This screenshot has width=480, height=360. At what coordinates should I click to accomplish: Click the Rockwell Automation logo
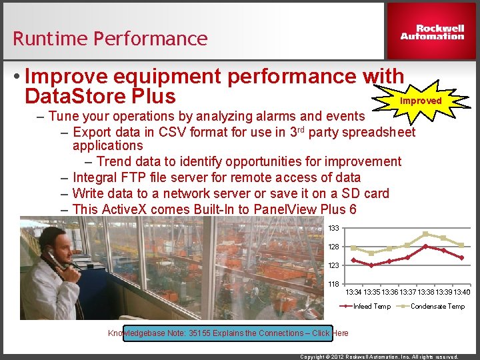[x=432, y=33]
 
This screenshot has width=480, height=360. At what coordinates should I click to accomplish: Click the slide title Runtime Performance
[x=110, y=39]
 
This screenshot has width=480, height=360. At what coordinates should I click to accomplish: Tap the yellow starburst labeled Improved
[x=421, y=101]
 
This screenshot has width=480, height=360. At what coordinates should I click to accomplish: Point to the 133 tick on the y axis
[x=333, y=228]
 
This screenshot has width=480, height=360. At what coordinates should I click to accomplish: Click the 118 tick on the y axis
[x=333, y=284]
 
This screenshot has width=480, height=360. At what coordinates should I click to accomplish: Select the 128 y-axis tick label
[x=333, y=247]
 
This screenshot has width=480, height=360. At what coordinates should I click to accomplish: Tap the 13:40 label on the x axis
[x=462, y=292]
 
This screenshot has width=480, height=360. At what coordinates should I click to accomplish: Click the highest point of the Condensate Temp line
[x=425, y=234]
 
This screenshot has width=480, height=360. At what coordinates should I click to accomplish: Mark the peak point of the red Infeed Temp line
[x=425, y=246]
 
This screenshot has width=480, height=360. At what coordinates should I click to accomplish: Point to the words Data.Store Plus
[x=99, y=96]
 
